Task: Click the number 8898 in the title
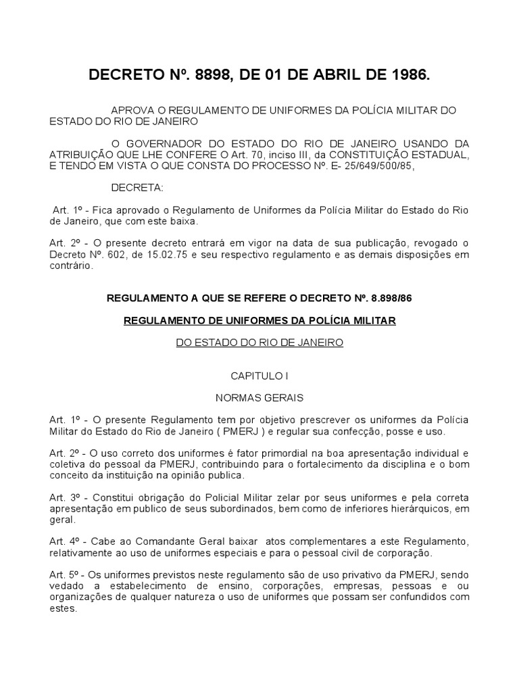214,76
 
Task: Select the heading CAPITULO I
259,375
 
